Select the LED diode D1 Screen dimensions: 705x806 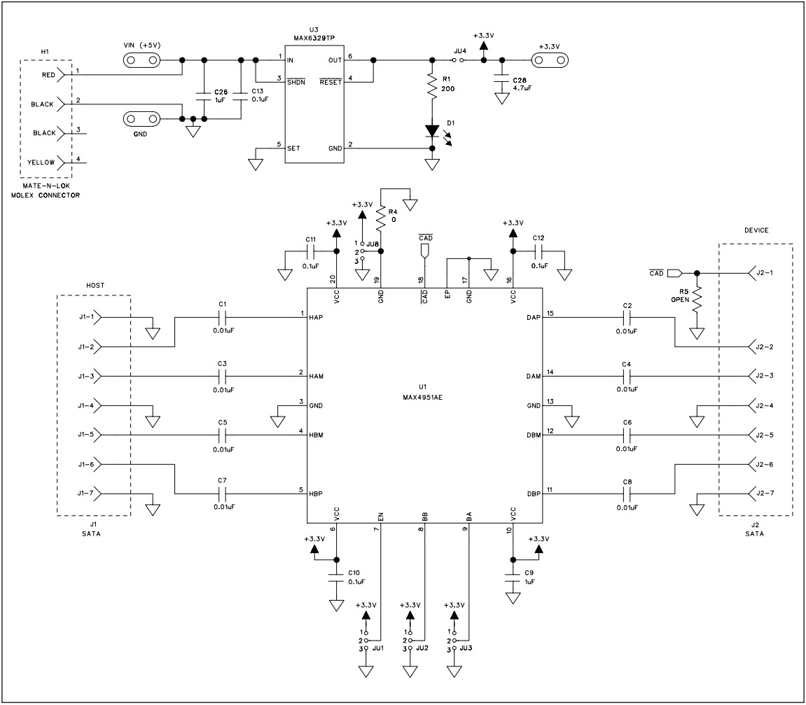[x=432, y=131]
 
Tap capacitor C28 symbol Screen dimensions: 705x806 [x=501, y=81]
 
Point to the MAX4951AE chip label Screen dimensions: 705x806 [x=425, y=396]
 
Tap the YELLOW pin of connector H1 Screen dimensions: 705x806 [x=41, y=162]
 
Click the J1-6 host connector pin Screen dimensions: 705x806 [x=87, y=464]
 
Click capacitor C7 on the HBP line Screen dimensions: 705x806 [x=223, y=493]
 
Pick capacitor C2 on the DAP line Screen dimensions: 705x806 [x=627, y=317]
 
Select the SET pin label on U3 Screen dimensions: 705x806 [x=294, y=148]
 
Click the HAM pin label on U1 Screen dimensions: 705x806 [x=317, y=377]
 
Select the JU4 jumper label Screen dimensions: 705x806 [x=460, y=50]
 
